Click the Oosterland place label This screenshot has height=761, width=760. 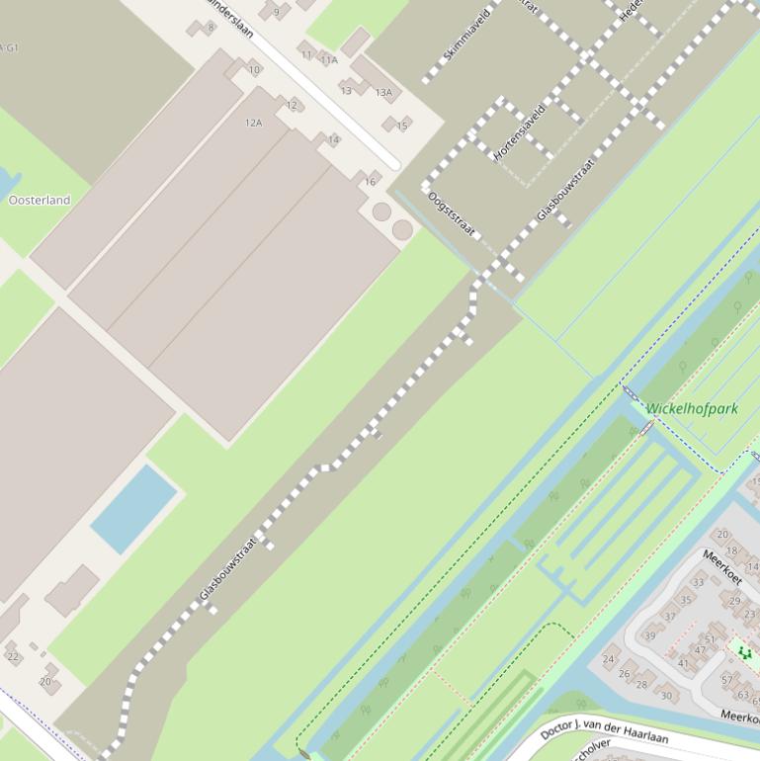[40, 200]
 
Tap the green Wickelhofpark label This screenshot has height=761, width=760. [692, 408]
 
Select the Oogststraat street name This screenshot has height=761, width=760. [452, 213]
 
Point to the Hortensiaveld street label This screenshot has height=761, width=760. [519, 132]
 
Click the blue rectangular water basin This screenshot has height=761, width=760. [134, 509]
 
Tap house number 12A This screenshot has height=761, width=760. [254, 123]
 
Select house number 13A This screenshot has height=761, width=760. [383, 93]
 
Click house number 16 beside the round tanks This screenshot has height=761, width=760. [370, 182]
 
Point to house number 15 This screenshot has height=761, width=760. [402, 126]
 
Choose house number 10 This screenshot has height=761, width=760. [254, 69]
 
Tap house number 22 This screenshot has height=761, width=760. [13, 656]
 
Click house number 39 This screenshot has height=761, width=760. [649, 635]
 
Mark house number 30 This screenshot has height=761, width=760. [666, 696]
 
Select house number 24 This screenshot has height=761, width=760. [609, 658]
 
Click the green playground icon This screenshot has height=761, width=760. [744, 652]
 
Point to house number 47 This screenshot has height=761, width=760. [701, 649]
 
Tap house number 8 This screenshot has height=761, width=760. [211, 28]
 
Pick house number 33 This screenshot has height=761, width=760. [699, 582]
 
